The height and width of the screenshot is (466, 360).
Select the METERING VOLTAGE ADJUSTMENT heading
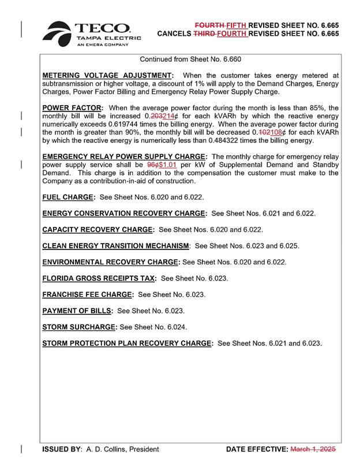(x=108, y=76)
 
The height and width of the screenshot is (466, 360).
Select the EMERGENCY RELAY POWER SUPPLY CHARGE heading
(x=125, y=156)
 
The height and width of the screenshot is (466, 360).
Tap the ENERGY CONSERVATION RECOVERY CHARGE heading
(x=125, y=213)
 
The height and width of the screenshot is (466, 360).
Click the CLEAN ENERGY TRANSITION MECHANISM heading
(x=116, y=246)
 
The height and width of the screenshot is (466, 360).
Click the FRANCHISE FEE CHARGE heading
(x=88, y=294)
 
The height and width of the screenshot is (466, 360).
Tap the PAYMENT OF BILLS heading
(x=77, y=311)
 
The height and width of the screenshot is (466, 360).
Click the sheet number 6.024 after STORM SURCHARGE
(x=176, y=327)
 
